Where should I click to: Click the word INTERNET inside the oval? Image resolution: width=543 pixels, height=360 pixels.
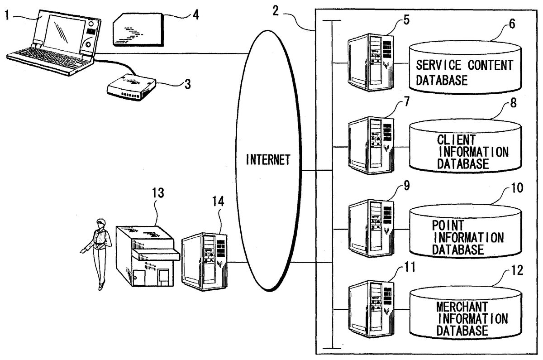(x=267, y=160)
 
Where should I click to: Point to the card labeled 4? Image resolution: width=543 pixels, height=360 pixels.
(x=138, y=29)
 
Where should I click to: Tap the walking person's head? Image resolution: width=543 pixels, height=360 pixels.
(x=100, y=222)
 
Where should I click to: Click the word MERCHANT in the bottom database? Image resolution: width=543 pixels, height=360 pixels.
(x=461, y=307)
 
